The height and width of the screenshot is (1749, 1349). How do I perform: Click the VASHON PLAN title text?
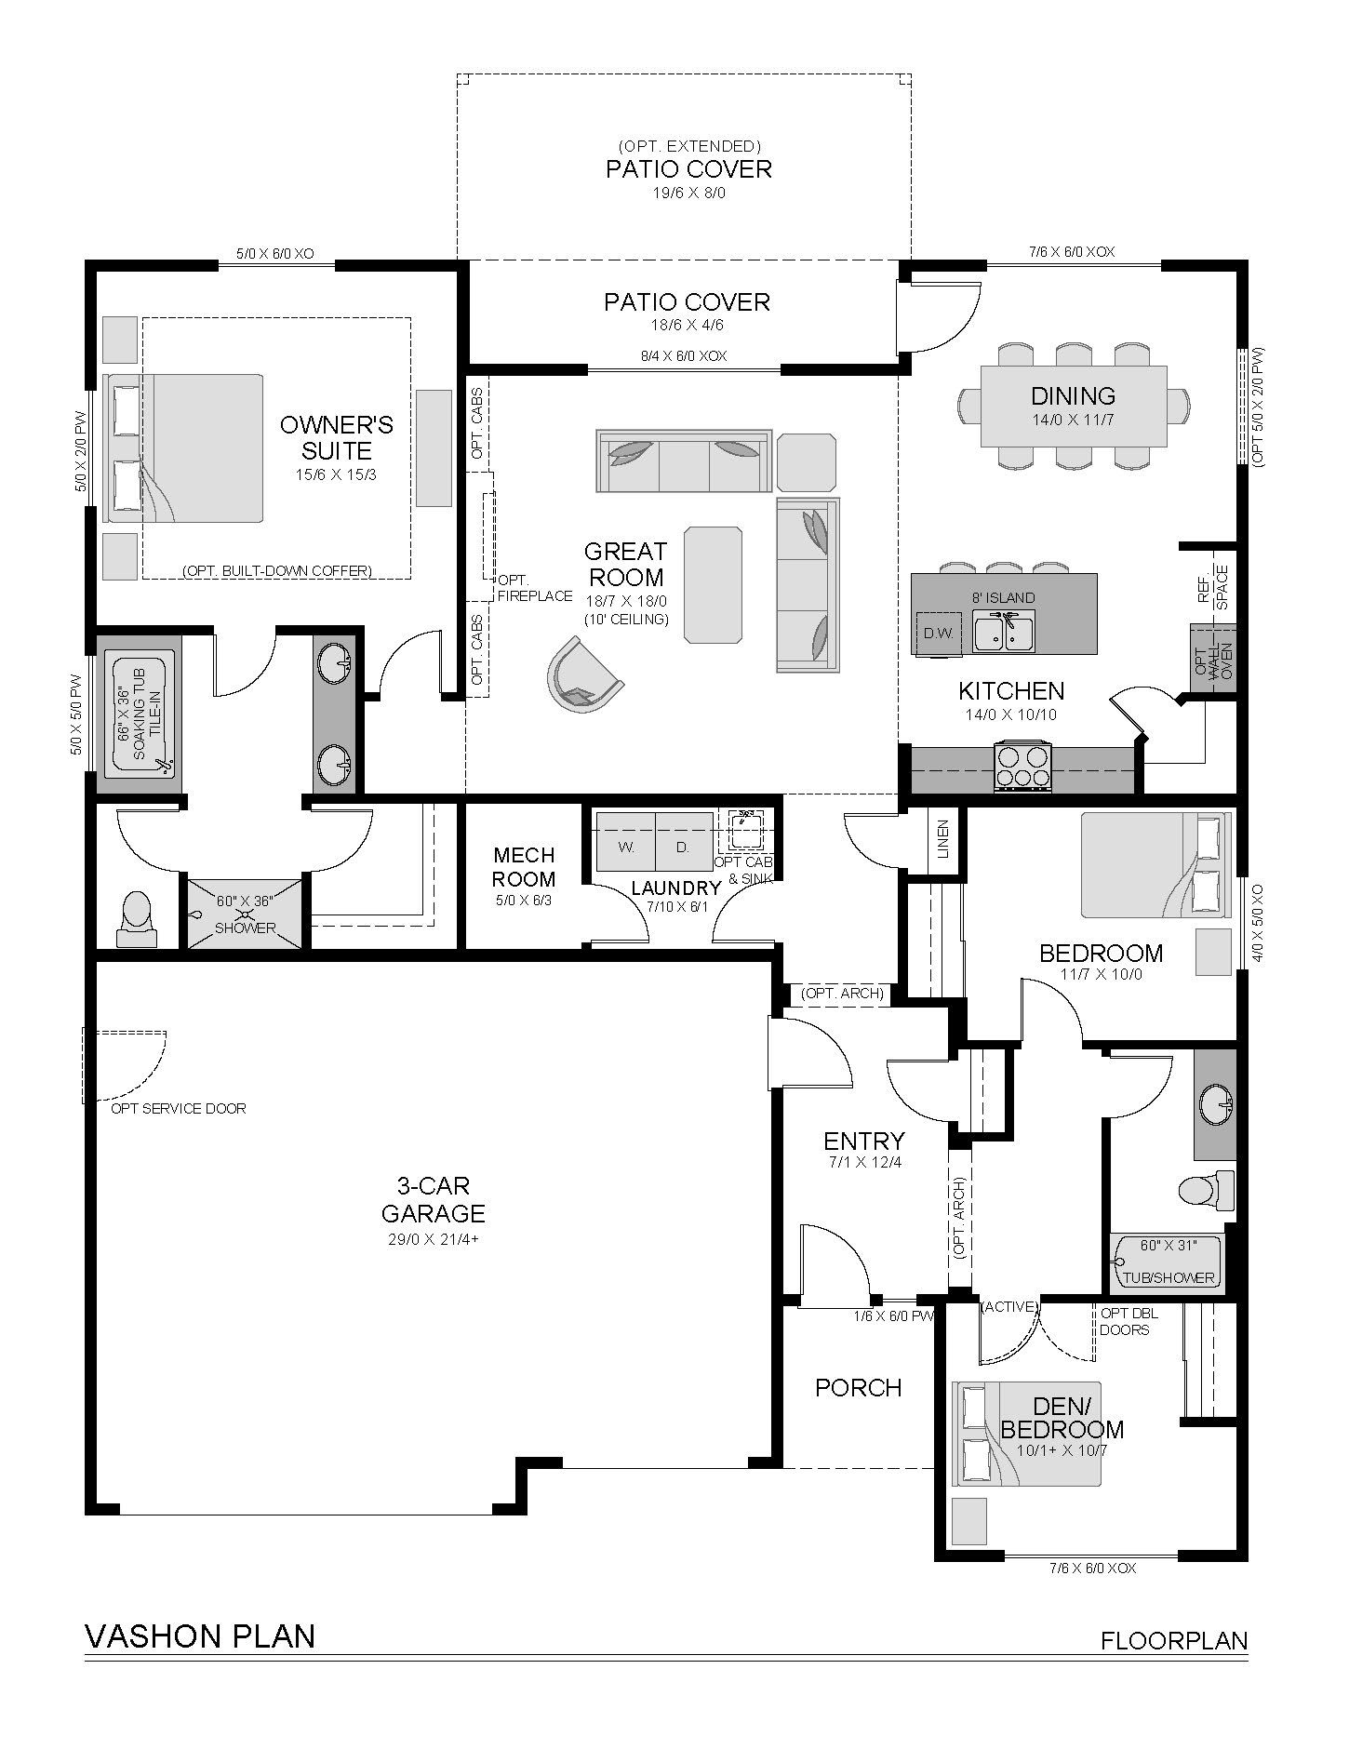tap(200, 1636)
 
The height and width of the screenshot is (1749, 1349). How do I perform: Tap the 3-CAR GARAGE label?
tap(433, 1199)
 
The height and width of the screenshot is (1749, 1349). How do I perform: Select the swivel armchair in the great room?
tap(581, 675)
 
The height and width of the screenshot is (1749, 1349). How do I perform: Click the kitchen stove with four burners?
tap(1023, 767)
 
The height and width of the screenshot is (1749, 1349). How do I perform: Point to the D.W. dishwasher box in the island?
tap(936, 634)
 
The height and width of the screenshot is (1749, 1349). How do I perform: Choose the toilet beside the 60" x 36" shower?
tap(137, 919)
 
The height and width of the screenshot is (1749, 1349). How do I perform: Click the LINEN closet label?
tap(944, 838)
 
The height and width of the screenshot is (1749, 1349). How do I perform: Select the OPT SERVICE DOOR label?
tap(179, 1108)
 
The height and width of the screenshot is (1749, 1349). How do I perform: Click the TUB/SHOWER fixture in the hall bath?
tap(1168, 1262)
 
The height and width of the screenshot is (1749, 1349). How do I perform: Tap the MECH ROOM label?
tap(524, 867)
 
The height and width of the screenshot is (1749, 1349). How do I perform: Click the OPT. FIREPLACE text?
tap(534, 588)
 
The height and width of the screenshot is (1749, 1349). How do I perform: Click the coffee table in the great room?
tap(714, 584)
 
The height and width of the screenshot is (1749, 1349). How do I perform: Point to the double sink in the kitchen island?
tap(1005, 631)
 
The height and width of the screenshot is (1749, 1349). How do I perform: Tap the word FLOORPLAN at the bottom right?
tap(1174, 1640)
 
